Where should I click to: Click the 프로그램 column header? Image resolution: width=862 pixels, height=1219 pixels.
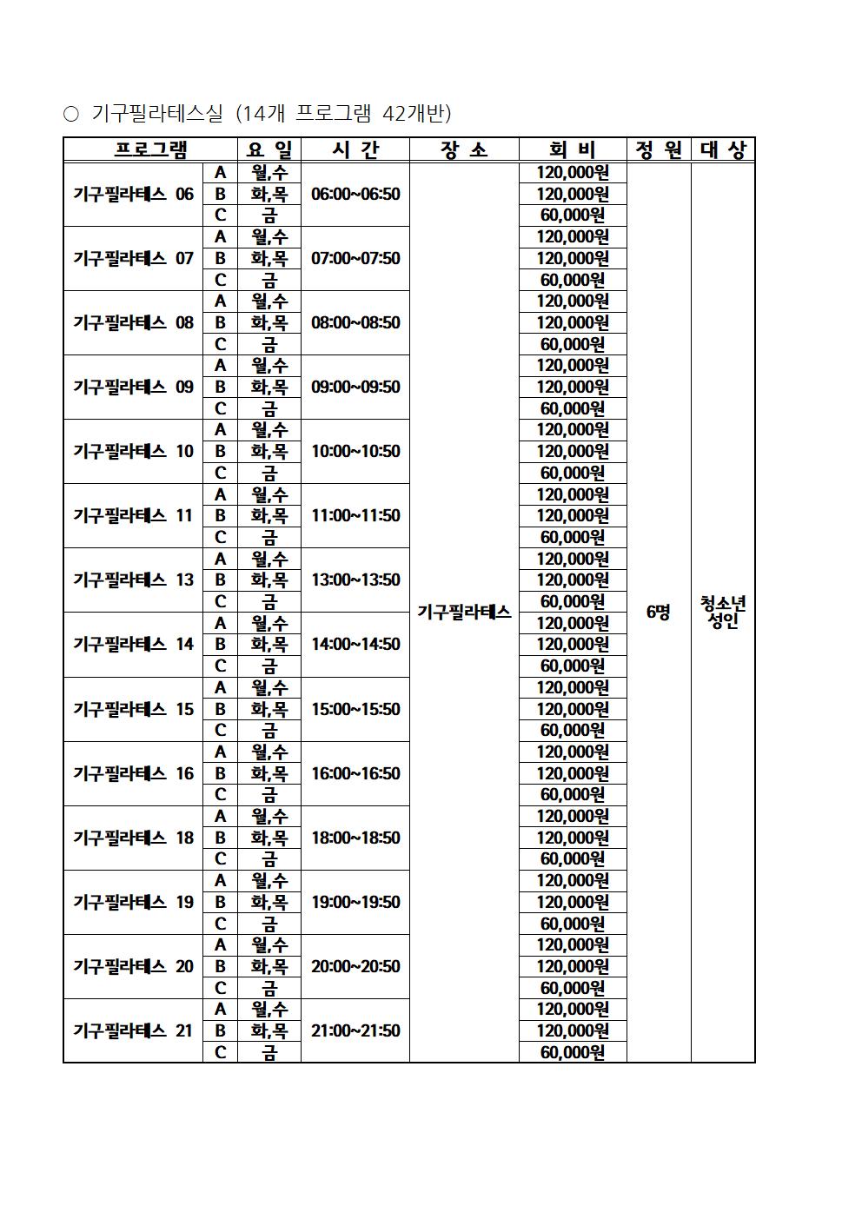tap(150, 150)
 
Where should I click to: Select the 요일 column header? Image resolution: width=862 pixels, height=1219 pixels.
tap(269, 150)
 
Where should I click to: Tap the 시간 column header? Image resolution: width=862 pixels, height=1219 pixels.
tap(355, 150)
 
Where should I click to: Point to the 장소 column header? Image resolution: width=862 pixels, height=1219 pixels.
tap(464, 150)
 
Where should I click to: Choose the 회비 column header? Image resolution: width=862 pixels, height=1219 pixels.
tap(573, 150)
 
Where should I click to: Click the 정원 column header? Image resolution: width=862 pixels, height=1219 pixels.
tap(659, 150)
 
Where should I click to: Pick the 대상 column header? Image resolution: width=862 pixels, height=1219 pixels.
tap(723, 150)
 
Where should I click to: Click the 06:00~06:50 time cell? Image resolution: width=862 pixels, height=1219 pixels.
tap(355, 194)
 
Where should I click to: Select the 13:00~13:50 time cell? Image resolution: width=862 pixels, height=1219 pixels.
tap(355, 580)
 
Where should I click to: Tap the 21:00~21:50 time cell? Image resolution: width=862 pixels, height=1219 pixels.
tap(355, 1030)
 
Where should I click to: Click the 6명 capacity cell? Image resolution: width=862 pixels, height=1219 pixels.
tap(659, 613)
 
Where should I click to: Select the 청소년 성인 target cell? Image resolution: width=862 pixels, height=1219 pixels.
tap(723, 613)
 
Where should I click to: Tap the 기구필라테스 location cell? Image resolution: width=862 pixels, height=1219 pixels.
tap(464, 613)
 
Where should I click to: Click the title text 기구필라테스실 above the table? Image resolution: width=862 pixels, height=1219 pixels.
tap(157, 114)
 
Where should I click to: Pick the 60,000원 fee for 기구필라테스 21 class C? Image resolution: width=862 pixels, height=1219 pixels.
tap(573, 1052)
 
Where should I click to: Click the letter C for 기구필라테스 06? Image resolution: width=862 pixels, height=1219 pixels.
tap(221, 215)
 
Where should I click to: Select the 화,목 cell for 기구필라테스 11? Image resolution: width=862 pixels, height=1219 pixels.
tap(269, 515)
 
